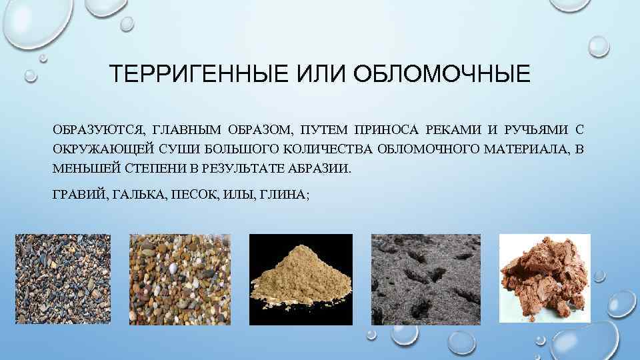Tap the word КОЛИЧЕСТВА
pyautogui.click(x=326, y=148)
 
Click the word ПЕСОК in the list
pyautogui.click(x=195, y=194)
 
